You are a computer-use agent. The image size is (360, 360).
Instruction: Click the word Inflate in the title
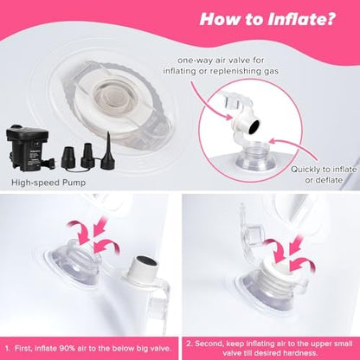(x=301, y=19)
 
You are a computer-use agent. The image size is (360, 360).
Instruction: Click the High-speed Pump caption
(x=48, y=183)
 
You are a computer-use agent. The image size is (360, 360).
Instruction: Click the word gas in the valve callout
(x=271, y=71)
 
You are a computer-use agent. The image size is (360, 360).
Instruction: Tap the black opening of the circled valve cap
(x=254, y=125)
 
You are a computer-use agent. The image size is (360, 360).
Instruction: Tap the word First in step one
(x=23, y=349)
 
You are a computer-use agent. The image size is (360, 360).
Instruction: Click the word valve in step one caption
(x=155, y=349)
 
